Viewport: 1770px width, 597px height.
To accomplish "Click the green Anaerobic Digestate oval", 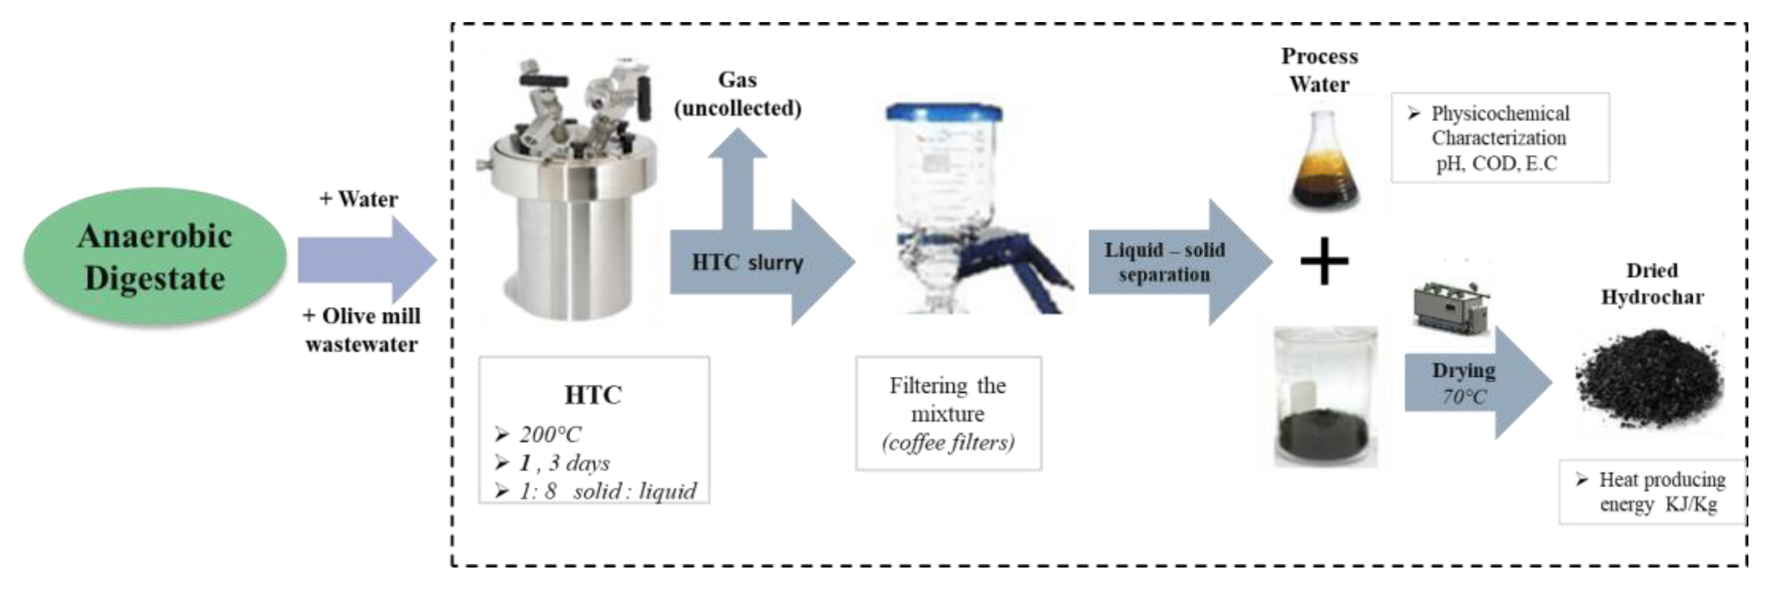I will coord(154,258).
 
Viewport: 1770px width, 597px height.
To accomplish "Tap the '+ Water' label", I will coord(359,199).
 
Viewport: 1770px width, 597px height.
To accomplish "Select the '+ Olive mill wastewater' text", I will coord(361,330).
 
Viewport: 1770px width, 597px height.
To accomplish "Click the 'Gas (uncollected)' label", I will coord(738,94).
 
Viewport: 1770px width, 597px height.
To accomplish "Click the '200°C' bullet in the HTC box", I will coord(549,434).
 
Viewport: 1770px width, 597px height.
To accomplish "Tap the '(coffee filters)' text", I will coord(948,443).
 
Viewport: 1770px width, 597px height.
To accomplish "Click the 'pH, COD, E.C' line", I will coord(1496,163).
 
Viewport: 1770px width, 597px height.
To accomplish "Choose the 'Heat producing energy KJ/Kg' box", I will coord(1652,492).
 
